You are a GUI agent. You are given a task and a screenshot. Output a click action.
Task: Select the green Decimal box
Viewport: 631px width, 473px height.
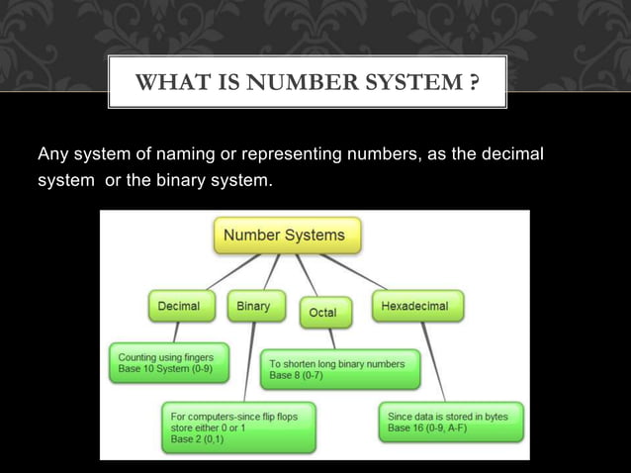pyautogui.click(x=179, y=307)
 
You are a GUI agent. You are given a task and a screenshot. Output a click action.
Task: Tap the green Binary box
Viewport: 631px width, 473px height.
pyautogui.click(x=253, y=307)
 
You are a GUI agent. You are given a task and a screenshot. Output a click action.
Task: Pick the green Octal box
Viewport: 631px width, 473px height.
pyautogui.click(x=322, y=313)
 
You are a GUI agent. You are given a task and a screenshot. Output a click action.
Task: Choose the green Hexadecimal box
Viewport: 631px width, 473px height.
pyautogui.click(x=413, y=307)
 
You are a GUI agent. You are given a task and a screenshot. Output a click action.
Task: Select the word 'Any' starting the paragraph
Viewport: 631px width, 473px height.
pyautogui.click(x=50, y=155)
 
